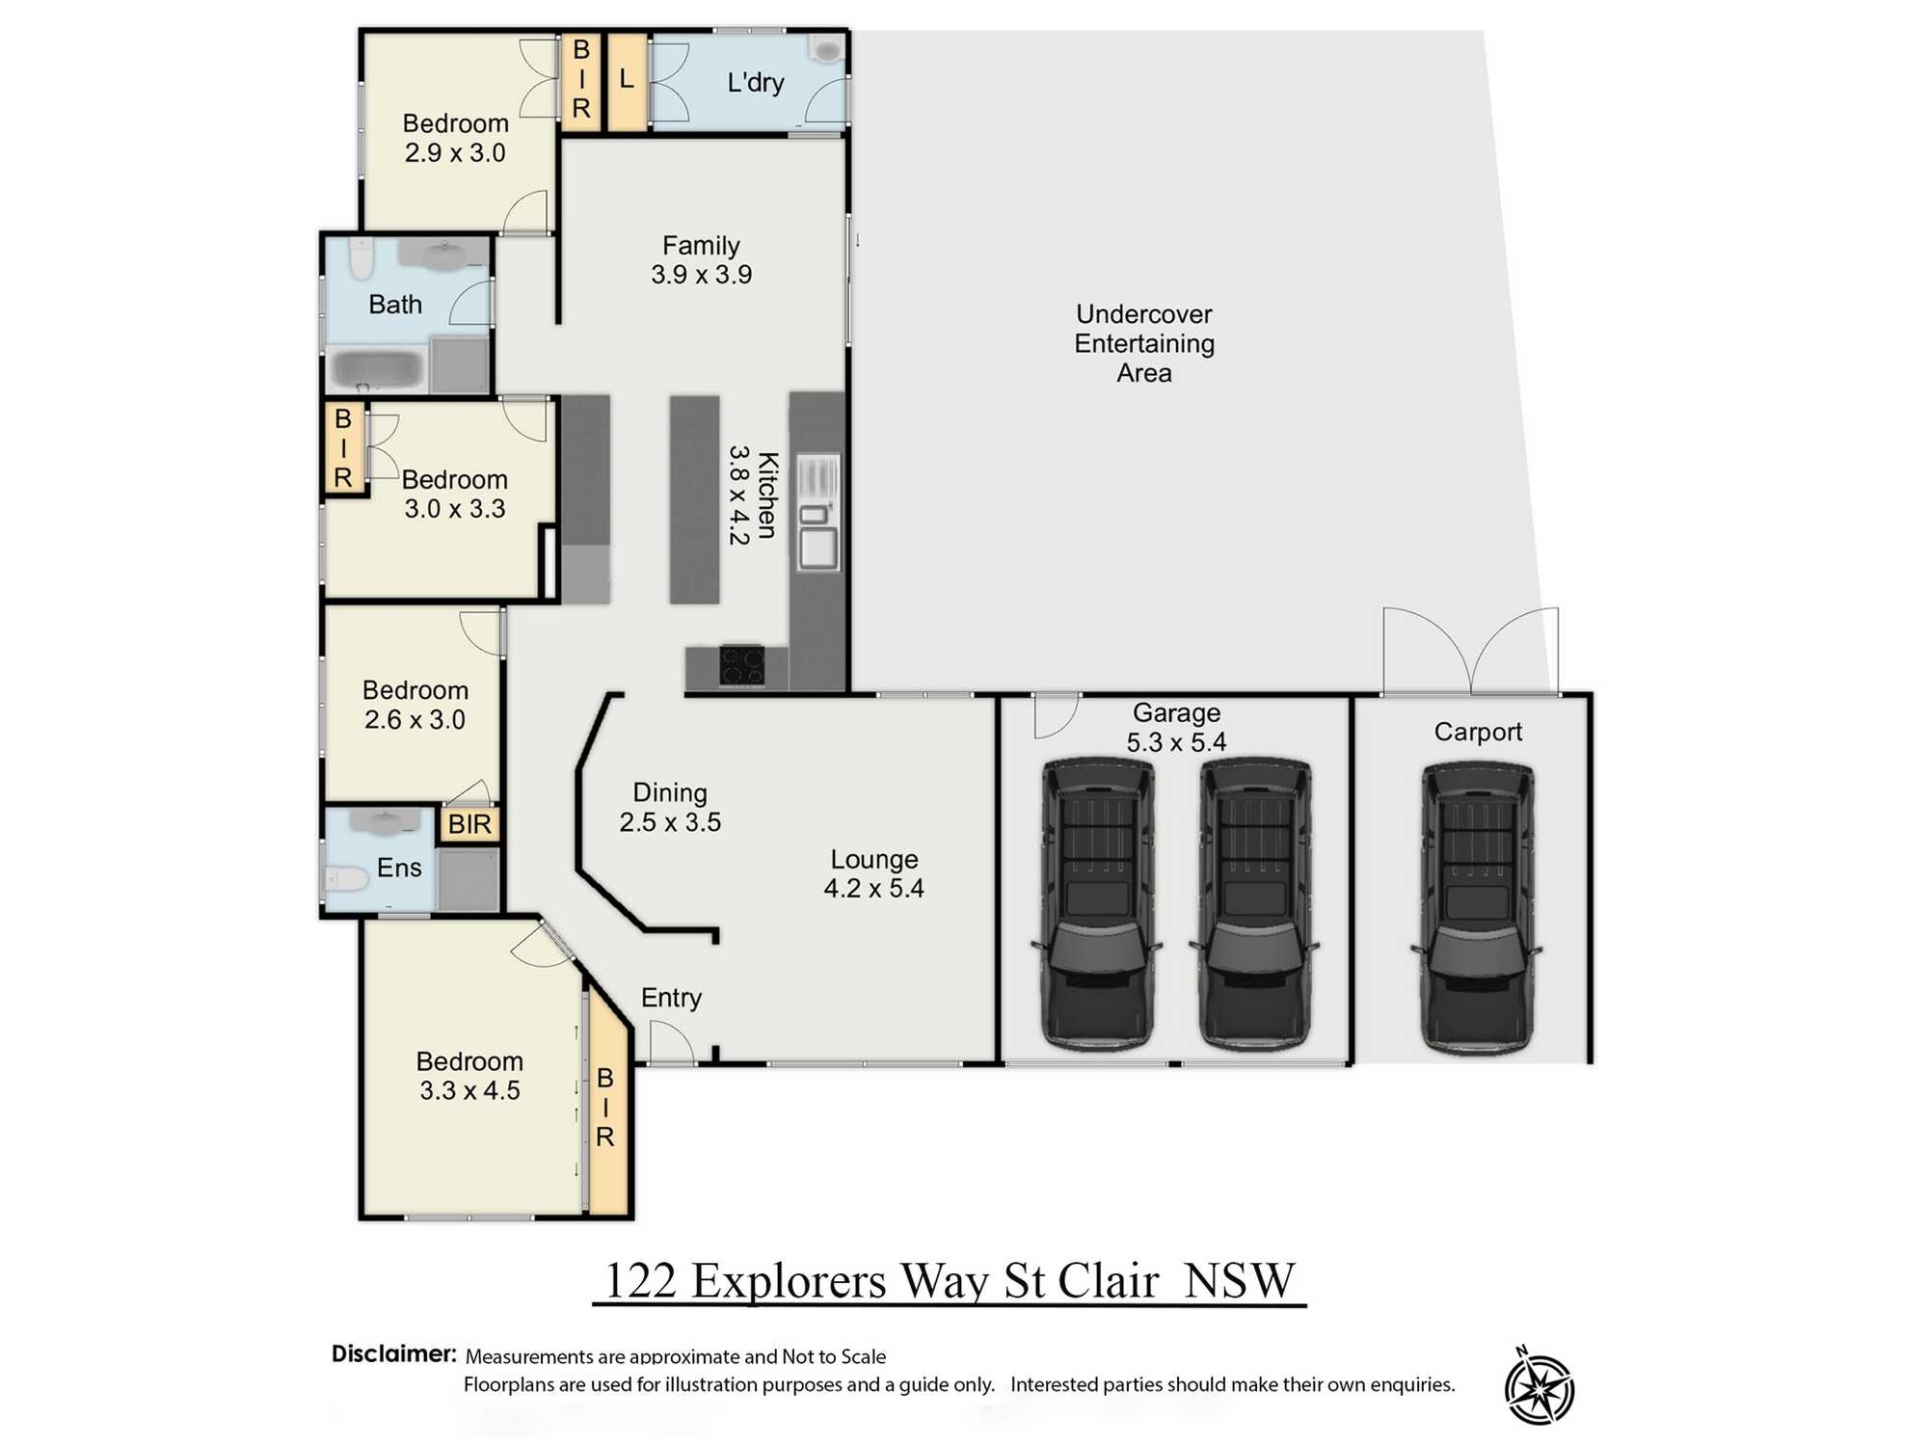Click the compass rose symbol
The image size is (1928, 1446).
[x=1540, y=1389]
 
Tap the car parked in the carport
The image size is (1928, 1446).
[x=1477, y=906]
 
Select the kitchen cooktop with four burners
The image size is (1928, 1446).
[x=741, y=665]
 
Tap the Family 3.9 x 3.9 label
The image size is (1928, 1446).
[x=701, y=260]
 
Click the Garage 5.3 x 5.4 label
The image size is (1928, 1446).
[x=1176, y=728]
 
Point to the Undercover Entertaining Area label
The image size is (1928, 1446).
[x=1144, y=343]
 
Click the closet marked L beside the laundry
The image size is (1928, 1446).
[x=627, y=82]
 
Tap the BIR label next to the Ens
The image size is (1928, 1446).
[x=469, y=824]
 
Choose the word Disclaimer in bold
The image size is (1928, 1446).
[x=393, y=1353]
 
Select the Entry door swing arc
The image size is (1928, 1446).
[x=672, y=1043]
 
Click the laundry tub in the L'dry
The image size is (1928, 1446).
[x=826, y=48]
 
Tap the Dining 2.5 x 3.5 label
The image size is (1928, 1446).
[x=670, y=808]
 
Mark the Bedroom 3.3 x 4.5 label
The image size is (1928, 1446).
[x=469, y=1076]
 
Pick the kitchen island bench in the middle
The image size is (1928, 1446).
[x=695, y=499]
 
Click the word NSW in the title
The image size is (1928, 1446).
[x=1239, y=1281]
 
